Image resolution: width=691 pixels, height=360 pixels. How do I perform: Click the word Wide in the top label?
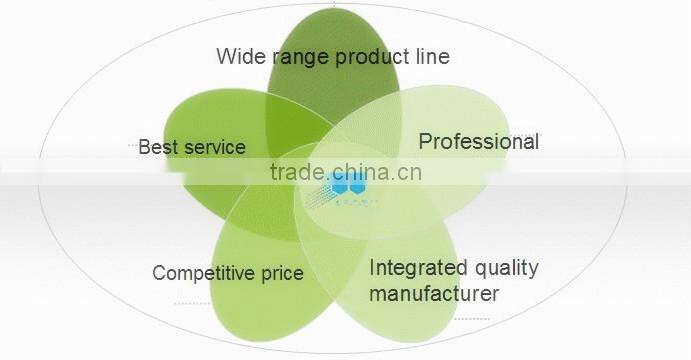239,56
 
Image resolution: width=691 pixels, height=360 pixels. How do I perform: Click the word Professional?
478,141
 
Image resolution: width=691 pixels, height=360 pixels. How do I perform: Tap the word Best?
158,147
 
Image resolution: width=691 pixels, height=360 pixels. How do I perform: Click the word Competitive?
206,273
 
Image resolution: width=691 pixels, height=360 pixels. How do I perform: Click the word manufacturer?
433,294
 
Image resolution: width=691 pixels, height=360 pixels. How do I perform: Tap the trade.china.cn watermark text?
346,171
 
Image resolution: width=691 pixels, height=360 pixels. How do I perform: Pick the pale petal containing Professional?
470,175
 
